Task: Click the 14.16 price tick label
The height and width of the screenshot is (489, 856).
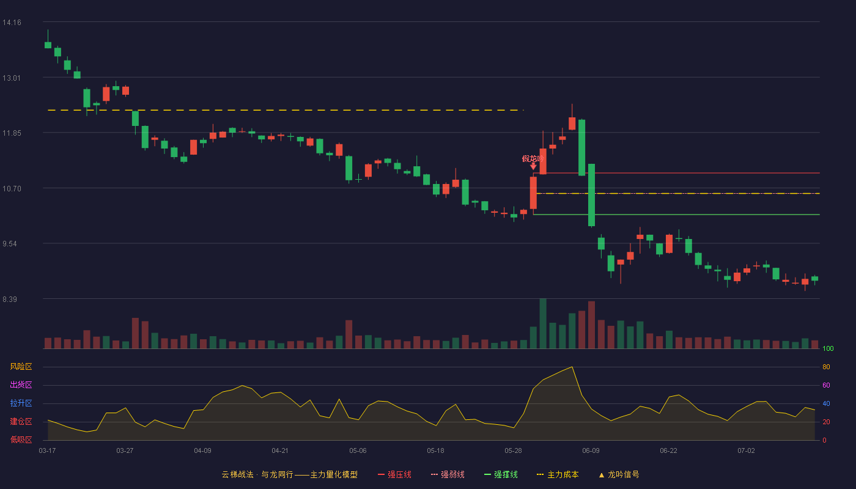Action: point(12,23)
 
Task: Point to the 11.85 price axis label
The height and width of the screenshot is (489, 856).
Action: point(12,133)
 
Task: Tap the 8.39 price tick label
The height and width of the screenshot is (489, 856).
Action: point(10,300)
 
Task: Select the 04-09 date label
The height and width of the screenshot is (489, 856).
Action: point(202,451)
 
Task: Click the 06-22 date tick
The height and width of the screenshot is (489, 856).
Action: point(668,451)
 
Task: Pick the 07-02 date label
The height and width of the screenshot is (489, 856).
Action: point(746,451)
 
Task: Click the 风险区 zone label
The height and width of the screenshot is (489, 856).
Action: point(21,367)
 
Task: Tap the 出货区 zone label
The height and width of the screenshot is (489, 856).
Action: point(21,384)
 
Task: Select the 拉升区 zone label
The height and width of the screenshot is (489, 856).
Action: point(21,403)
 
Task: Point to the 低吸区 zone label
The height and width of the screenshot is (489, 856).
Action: point(21,439)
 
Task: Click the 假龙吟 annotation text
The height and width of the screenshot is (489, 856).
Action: point(533,158)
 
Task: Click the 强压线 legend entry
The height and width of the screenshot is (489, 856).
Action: point(394,474)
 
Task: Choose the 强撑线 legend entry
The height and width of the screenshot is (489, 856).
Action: point(501,474)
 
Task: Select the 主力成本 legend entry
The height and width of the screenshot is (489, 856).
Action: point(558,474)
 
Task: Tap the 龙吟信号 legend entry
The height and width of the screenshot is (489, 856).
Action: point(619,474)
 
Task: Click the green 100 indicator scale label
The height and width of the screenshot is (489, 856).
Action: point(828,348)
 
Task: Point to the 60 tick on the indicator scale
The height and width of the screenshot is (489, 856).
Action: point(826,385)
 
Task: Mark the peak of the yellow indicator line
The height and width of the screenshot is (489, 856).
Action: point(572,367)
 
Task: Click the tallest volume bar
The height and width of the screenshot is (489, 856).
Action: point(543,323)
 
